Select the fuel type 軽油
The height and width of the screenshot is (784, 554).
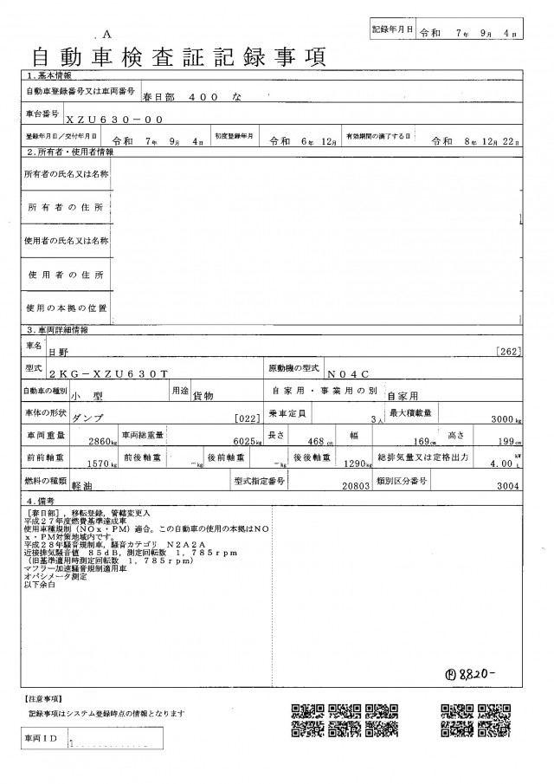pyautogui.click(x=85, y=487)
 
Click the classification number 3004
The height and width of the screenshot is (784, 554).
pyautogui.click(x=505, y=487)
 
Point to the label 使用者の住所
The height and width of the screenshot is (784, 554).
pyautogui.click(x=66, y=275)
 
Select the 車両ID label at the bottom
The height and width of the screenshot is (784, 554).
pyautogui.click(x=41, y=738)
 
